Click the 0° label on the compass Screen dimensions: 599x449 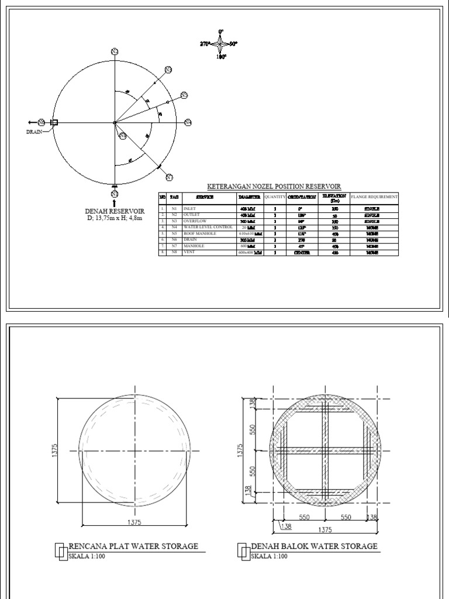(221, 30)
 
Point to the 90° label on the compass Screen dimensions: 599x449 (233, 44)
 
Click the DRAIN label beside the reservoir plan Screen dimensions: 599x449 (35, 132)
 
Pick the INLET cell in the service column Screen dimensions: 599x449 (191, 208)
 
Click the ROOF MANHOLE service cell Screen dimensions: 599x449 (200, 233)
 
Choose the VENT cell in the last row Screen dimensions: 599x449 (191, 253)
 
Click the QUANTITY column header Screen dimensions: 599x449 (274, 197)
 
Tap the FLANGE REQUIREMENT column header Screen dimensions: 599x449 (374, 197)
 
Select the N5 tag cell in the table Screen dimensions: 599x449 (174, 233)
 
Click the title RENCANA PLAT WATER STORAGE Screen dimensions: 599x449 (133, 546)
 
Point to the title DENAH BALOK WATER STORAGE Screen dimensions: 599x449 (314, 546)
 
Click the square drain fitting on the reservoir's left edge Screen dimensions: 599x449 (55, 122)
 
